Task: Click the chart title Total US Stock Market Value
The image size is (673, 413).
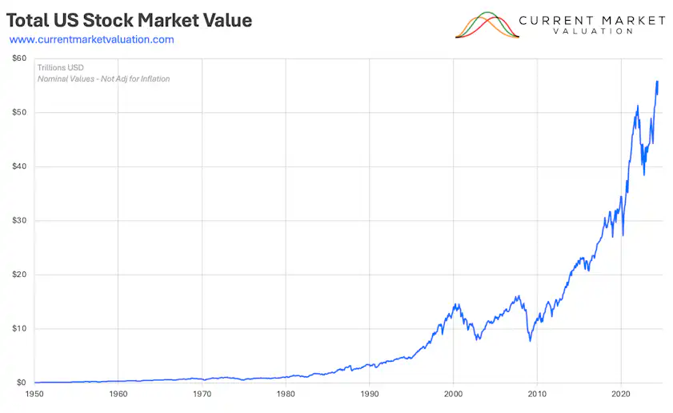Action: [129, 20]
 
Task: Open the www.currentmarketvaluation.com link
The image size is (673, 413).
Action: [91, 39]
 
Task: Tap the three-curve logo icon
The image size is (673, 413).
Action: [487, 25]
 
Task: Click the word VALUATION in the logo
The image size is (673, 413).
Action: [593, 31]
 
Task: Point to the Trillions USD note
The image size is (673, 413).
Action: [61, 67]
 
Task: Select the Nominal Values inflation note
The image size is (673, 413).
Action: [103, 78]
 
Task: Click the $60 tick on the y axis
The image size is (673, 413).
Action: [19, 58]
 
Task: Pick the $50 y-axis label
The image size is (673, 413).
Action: [19, 112]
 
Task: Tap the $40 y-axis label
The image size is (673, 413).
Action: [19, 166]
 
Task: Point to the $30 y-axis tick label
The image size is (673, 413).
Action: [19, 220]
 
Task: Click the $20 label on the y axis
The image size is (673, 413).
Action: [19, 275]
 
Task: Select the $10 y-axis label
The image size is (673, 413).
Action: [19, 328]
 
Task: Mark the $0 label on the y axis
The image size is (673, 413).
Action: [22, 383]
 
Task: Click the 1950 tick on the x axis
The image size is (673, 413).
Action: [34, 394]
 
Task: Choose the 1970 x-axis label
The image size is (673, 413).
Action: [202, 394]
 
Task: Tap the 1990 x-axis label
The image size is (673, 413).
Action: [370, 394]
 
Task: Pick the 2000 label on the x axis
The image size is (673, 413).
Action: [453, 394]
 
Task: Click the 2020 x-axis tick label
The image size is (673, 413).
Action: [621, 394]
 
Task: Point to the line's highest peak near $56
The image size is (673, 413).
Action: [657, 81]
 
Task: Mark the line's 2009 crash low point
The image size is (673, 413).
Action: [531, 341]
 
